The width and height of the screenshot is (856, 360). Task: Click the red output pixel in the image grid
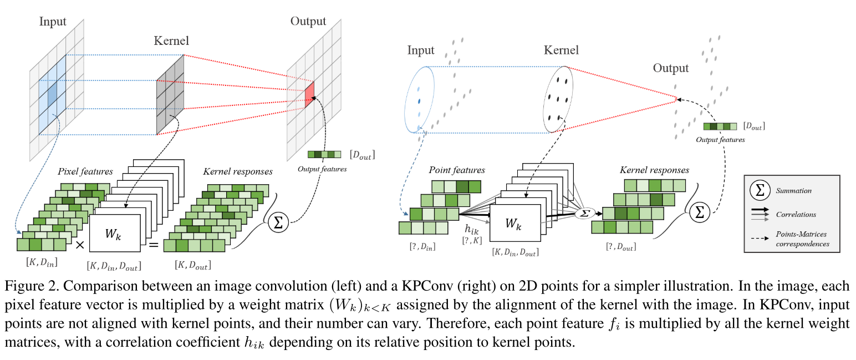pyautogui.click(x=309, y=94)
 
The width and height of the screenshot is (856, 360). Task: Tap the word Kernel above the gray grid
pyautogui.click(x=171, y=41)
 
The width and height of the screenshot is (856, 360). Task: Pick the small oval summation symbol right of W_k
pyautogui.click(x=583, y=213)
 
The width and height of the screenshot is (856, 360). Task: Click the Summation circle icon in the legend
pyautogui.click(x=759, y=190)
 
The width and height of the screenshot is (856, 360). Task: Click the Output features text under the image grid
pyautogui.click(x=322, y=169)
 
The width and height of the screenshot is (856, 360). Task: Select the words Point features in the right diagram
pyautogui.click(x=457, y=170)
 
